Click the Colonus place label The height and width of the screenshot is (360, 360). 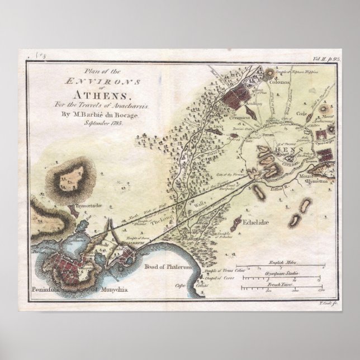click(x=280, y=82)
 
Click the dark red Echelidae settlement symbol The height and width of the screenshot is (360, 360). click(x=239, y=221)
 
